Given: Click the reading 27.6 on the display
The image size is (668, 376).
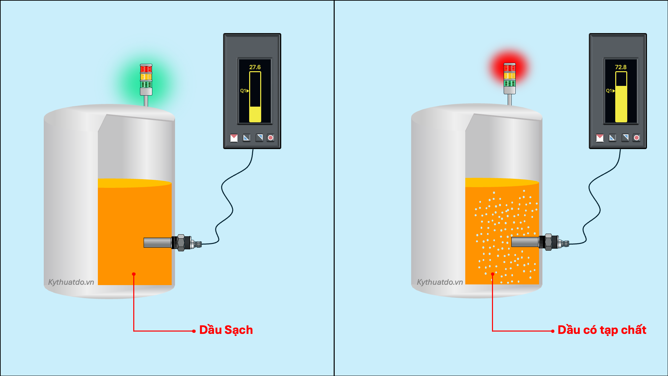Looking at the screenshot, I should (x=255, y=67).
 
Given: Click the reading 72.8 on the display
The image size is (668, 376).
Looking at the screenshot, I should (x=621, y=67).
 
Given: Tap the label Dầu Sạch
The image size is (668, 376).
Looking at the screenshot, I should (x=226, y=330).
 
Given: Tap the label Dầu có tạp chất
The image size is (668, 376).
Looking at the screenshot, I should (x=602, y=330).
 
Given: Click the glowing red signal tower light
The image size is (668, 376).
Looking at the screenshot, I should (x=510, y=69).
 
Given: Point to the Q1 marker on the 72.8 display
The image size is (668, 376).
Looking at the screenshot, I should (x=610, y=91).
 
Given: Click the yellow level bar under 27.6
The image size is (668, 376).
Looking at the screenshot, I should (x=255, y=114).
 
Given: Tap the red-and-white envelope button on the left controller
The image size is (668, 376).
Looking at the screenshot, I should (x=234, y=138).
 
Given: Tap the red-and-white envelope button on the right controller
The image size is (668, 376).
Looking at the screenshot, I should (x=600, y=138).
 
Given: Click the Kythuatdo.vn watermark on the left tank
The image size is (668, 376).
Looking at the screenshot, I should (x=71, y=282).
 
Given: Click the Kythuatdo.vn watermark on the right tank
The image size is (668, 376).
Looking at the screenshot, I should (x=440, y=282).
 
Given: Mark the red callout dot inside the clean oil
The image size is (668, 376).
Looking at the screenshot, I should (x=134, y=274).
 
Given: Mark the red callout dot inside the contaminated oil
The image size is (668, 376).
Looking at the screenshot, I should (x=493, y=274).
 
